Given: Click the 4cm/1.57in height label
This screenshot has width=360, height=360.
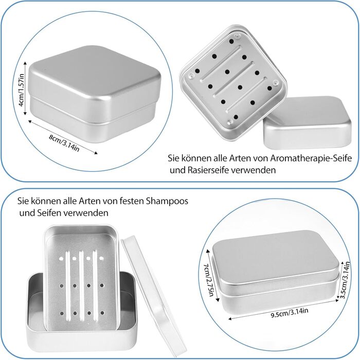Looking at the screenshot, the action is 21,90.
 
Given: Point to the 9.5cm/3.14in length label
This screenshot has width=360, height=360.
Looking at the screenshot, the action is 289,313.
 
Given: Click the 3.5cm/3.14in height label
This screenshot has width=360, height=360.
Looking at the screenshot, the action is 345,280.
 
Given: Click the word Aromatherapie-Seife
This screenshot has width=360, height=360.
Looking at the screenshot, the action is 311,158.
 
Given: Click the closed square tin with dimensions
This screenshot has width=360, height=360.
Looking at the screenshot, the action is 95,94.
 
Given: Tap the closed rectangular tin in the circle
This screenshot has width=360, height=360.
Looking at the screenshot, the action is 276,272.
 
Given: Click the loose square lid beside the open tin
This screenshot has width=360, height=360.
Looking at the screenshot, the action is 307,123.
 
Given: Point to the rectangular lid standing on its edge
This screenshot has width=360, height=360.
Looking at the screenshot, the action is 152,295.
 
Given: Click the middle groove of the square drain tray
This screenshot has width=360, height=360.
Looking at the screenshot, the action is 233,79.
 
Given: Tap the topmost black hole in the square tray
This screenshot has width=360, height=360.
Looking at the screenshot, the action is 231,42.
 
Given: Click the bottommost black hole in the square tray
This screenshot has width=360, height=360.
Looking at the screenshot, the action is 236,117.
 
